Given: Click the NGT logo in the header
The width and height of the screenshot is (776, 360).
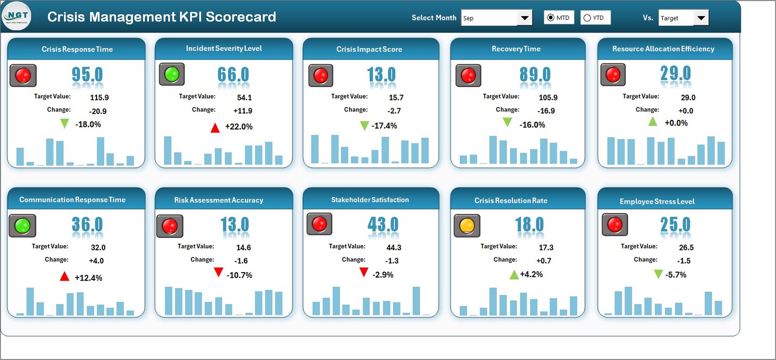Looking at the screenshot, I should [17, 16].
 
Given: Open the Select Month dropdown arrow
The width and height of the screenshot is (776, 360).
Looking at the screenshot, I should [524, 18].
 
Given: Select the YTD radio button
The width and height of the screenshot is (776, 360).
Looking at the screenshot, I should [587, 18].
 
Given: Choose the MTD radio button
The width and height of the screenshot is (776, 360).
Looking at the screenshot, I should [550, 18].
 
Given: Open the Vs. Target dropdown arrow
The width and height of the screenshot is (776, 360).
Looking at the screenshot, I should [701, 18].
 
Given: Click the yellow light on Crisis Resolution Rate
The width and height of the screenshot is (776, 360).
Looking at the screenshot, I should [467, 226].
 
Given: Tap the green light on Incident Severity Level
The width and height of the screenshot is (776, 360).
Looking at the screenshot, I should [172, 74].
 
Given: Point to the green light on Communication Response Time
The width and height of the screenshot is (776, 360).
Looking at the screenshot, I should [22, 226].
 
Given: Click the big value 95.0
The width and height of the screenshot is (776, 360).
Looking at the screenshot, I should [87, 75].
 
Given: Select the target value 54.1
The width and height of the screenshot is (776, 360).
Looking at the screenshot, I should [244, 98].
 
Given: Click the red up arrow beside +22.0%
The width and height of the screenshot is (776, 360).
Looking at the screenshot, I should [215, 128].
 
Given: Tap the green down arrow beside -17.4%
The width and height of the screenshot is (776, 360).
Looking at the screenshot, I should [364, 126].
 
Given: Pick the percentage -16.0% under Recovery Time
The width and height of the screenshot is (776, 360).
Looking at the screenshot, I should [532, 125].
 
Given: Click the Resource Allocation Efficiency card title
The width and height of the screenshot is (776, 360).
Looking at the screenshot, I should [663, 49].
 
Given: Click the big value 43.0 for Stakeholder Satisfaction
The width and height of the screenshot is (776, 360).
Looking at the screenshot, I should [383, 225].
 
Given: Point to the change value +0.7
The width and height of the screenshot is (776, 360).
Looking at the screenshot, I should [544, 261].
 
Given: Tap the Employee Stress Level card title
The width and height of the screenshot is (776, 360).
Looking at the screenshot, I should [657, 201].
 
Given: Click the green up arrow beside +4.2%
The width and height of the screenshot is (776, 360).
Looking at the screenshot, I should [514, 275].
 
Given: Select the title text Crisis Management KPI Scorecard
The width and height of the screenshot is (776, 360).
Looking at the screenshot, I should [162, 17].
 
